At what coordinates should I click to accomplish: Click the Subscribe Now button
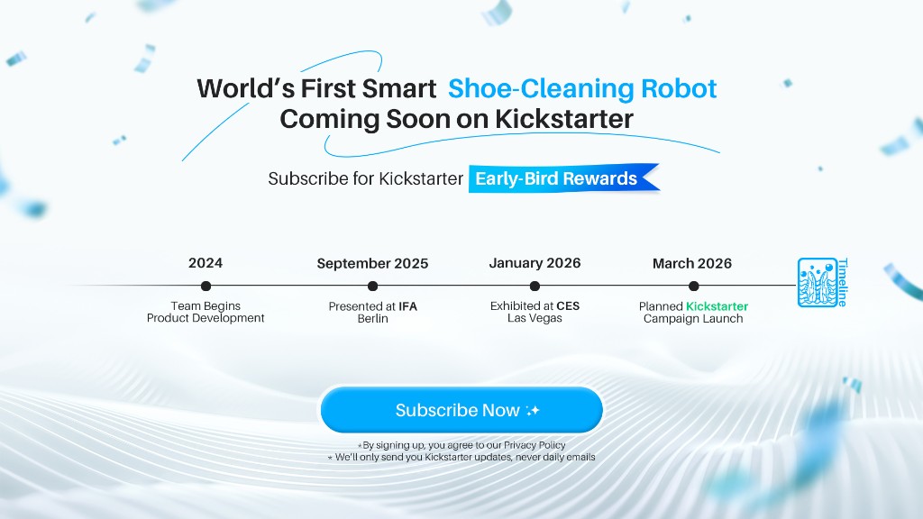(461, 411)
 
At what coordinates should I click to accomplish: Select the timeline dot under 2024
(206, 287)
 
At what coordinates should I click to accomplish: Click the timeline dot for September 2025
(372, 287)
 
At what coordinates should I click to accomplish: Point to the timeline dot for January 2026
(535, 287)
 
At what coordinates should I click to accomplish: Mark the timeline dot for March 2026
(693, 287)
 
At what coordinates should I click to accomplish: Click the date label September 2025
(372, 264)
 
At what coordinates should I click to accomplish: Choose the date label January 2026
(535, 263)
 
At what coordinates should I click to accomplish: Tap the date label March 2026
(692, 264)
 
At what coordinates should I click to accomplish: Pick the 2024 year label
(206, 263)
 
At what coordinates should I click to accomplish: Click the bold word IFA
(407, 306)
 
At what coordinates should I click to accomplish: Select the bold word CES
(568, 306)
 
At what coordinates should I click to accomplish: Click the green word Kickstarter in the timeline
(717, 306)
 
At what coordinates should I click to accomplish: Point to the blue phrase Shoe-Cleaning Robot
(582, 89)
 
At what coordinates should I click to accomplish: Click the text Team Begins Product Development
(206, 312)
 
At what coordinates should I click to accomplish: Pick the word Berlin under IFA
(372, 319)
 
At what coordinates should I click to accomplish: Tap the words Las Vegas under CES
(535, 319)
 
